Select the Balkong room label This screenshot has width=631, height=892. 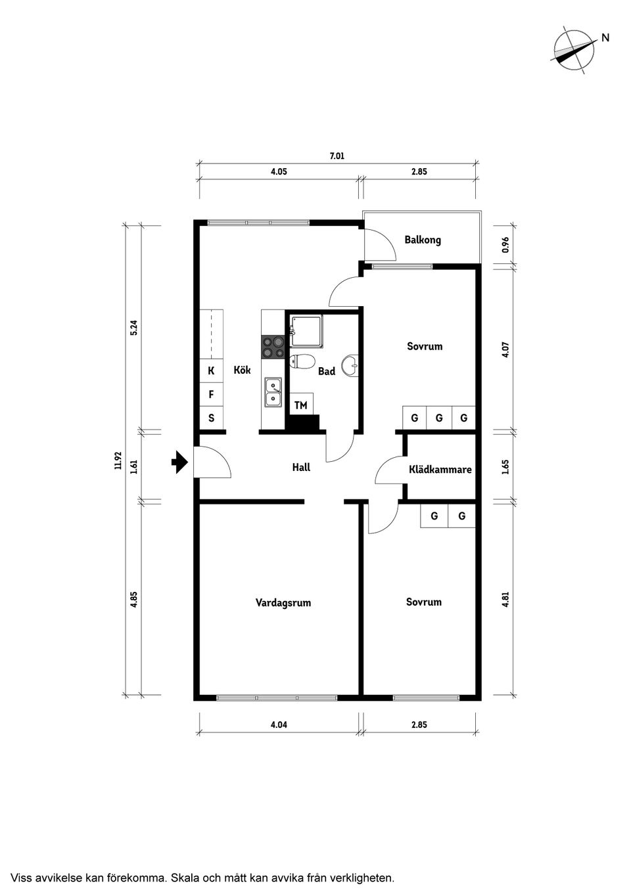423,240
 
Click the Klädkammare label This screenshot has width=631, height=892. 440,470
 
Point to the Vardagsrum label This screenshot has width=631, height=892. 283,602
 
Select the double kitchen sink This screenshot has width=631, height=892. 273,392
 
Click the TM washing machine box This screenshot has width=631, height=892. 301,405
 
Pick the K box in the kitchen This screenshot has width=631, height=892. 211,371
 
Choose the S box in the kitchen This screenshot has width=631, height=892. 211,418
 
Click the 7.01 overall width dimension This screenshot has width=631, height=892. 337,156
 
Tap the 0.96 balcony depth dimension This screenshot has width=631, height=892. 505,245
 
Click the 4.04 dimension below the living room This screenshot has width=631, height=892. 279,725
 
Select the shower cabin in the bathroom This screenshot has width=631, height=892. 306,329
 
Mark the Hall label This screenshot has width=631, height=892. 301,468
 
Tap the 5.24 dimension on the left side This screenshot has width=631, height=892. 133,327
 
